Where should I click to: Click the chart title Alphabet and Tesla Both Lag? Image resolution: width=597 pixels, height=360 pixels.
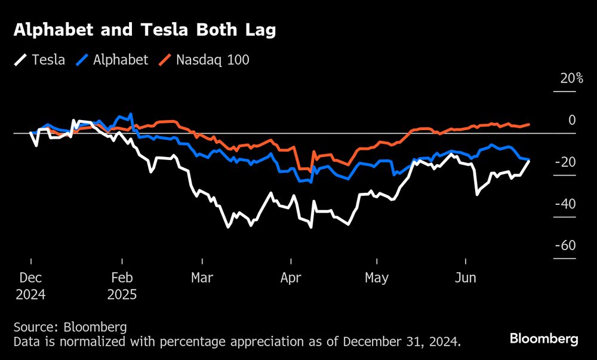pyautogui.click(x=145, y=31)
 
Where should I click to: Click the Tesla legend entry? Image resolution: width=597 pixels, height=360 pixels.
pyautogui.click(x=41, y=60)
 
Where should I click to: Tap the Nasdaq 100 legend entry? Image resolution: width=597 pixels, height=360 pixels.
pyautogui.click(x=204, y=60)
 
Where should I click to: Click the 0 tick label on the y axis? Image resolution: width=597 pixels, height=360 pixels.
pyautogui.click(x=571, y=120)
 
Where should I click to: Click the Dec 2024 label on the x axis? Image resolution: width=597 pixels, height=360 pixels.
pyautogui.click(x=30, y=286)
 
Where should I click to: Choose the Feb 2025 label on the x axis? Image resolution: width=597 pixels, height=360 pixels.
pyautogui.click(x=122, y=286)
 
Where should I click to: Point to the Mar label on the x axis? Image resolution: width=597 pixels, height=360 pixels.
pyautogui.click(x=202, y=278)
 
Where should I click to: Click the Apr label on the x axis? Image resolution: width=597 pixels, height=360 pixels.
pyautogui.click(x=291, y=278)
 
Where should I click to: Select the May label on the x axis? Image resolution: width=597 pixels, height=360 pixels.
pyautogui.click(x=377, y=278)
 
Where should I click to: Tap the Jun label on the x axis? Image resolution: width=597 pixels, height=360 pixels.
pyautogui.click(x=465, y=278)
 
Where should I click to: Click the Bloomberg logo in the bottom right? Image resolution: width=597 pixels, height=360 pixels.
pyautogui.click(x=544, y=339)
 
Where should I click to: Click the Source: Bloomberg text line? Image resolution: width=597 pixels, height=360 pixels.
pyautogui.click(x=70, y=327)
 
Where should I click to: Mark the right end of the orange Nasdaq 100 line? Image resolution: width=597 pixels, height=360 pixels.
pyautogui.click(x=529, y=125)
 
